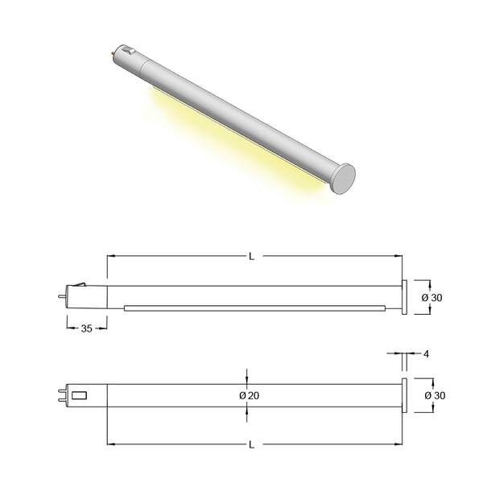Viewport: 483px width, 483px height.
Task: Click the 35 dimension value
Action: point(87,328)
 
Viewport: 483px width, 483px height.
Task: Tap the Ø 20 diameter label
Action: point(250,395)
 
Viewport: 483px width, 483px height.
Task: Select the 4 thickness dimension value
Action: point(426,354)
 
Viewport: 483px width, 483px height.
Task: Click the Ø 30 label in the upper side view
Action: point(431,298)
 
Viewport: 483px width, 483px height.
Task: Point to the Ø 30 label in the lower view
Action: point(435,395)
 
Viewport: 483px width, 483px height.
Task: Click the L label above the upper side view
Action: point(252,256)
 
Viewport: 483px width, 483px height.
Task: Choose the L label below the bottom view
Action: point(252,445)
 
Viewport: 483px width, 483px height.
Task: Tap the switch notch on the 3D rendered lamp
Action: point(129,51)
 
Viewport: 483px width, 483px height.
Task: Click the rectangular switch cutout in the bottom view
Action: point(79,395)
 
